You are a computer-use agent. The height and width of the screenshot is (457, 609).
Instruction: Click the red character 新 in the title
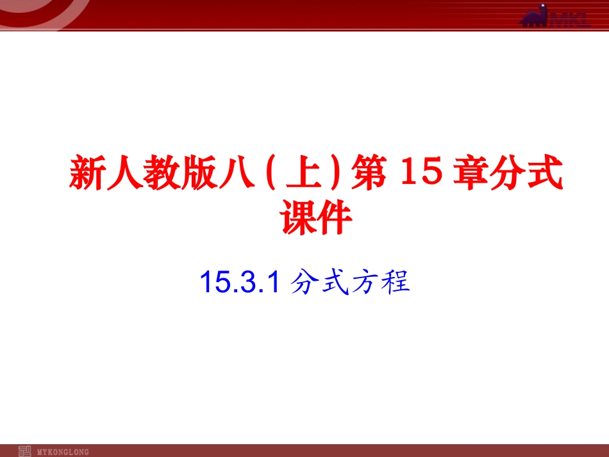pos(87,173)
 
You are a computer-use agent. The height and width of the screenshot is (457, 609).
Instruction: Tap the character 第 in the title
pos(367,173)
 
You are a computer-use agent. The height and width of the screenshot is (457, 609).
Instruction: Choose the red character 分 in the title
pos(511,173)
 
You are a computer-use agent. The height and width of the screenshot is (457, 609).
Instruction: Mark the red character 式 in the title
pos(546,173)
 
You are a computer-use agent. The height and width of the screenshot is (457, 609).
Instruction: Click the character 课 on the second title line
pos(299,218)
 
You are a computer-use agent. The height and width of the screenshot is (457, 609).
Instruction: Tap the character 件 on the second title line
pos(334,218)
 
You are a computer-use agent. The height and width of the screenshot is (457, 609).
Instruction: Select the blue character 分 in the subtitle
pos(304,283)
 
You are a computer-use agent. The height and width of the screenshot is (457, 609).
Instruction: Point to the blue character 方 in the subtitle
pos(365,283)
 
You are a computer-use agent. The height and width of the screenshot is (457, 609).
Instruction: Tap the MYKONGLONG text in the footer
pos(63,451)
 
